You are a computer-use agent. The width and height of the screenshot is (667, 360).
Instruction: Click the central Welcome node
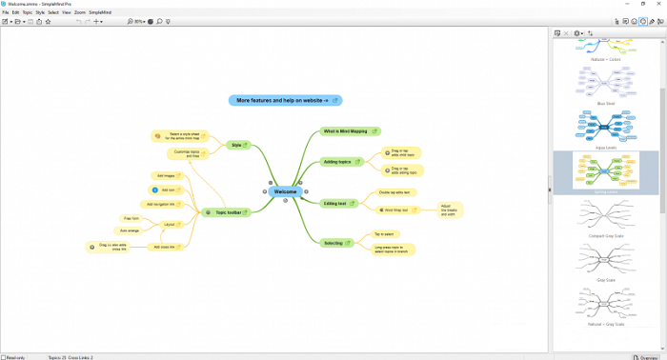click(285, 191)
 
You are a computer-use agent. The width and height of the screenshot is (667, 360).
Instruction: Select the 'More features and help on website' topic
click(282, 100)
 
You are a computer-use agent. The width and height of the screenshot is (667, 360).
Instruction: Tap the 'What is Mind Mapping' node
click(349, 131)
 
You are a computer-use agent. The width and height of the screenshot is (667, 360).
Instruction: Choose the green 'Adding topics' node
click(339, 162)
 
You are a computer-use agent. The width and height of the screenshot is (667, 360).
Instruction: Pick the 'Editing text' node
click(336, 203)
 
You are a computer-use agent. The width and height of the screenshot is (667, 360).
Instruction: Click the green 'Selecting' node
click(334, 243)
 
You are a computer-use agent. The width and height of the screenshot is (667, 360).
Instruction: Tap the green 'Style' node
click(237, 146)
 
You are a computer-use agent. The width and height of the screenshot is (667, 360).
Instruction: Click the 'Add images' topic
click(166, 175)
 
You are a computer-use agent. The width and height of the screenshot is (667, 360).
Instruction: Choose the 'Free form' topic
click(131, 218)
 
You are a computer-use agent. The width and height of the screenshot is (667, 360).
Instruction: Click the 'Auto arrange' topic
click(130, 230)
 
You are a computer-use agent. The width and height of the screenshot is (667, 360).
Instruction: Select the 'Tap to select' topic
click(384, 234)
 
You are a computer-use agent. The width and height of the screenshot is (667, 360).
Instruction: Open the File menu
click(5, 11)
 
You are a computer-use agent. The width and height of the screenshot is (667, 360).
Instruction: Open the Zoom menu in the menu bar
click(79, 11)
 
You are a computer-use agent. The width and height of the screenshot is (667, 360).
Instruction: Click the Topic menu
click(28, 11)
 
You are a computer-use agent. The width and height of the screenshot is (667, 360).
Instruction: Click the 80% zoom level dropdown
click(140, 20)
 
